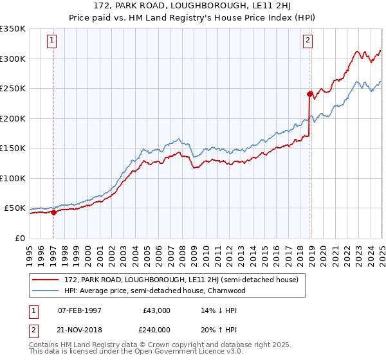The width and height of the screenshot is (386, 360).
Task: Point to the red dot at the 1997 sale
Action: coord(54,213)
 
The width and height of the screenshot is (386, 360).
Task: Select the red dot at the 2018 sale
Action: coord(310,94)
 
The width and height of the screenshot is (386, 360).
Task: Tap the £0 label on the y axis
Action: coord(19,238)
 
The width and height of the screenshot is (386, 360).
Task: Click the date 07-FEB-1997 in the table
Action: coord(80,310)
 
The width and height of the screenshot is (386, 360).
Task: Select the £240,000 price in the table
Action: coord(157,329)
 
